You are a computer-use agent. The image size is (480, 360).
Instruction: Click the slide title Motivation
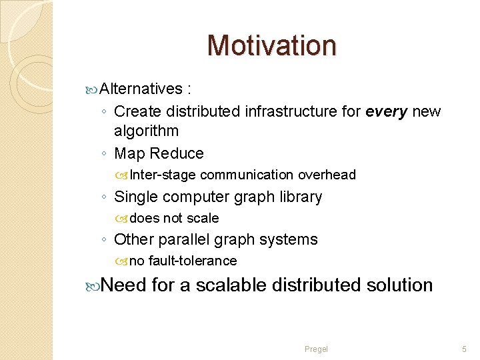(x=272, y=45)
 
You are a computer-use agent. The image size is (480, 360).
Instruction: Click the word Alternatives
(x=141, y=89)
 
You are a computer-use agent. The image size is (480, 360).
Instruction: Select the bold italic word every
(x=387, y=111)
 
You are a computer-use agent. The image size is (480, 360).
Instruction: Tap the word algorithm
(x=146, y=131)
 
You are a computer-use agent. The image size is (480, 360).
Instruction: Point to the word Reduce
(x=177, y=153)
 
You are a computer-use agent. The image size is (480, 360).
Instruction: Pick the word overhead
(x=327, y=175)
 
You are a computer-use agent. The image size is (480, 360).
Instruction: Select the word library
(x=297, y=197)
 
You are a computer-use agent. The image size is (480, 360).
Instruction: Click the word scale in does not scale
(x=203, y=219)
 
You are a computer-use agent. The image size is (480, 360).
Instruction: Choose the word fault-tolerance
(x=193, y=261)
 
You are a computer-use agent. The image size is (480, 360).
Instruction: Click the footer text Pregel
(x=316, y=349)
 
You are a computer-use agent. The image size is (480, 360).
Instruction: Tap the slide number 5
(x=465, y=349)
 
